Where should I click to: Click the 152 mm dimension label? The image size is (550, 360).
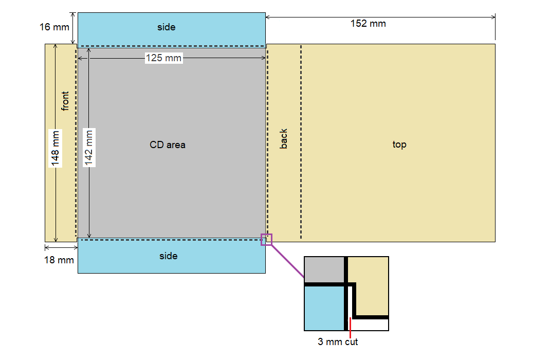(368, 24)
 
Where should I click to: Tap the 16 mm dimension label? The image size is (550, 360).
(54, 27)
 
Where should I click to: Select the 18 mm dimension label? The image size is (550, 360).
(59, 260)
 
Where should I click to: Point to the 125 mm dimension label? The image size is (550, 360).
(164, 58)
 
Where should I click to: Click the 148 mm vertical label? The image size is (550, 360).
(55, 148)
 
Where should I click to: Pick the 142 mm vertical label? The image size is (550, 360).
(89, 148)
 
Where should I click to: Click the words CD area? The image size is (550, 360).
(168, 145)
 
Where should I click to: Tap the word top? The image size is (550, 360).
(399, 145)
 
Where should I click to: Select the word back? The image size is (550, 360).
(283, 138)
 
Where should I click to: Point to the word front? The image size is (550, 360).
(65, 101)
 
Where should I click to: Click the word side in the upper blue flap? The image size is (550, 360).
(166, 27)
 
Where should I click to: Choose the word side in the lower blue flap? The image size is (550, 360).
(169, 256)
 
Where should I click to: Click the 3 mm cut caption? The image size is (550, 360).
(338, 342)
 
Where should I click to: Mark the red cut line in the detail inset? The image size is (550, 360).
(350, 328)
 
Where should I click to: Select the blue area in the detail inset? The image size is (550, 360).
(324, 308)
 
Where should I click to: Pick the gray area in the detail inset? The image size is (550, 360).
(324, 269)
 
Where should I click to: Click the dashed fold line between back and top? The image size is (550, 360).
(301, 142)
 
